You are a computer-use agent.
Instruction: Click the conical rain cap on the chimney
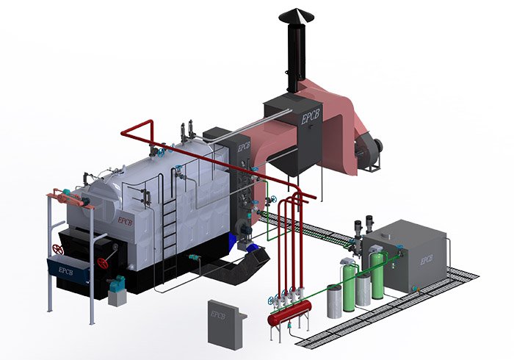point(297,15)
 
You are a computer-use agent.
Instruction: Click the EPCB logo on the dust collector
point(310,117)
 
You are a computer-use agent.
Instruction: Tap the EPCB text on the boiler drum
point(126,221)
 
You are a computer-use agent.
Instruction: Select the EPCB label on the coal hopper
point(65,271)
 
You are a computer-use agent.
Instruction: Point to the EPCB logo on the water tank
point(427,260)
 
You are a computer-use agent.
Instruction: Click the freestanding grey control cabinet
point(226,325)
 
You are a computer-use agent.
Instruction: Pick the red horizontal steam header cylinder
point(289,312)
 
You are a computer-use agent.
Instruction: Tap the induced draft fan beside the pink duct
point(369,152)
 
